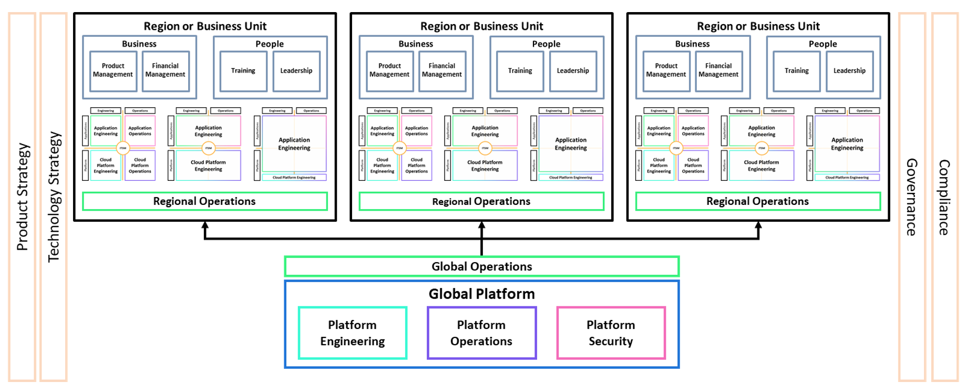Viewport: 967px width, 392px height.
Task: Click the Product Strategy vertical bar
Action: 22,197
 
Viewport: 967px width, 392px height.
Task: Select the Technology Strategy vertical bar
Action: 54,197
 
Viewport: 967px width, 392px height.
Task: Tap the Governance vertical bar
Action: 912,197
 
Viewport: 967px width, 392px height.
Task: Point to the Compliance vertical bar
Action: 944,197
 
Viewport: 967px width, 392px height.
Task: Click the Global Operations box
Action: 481,266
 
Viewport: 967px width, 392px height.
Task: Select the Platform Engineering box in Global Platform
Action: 353,333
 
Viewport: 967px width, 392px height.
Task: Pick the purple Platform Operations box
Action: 481,333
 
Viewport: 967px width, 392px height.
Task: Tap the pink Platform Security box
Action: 611,333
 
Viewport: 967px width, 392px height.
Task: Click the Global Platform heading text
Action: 481,294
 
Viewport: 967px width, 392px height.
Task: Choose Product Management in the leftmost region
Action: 113,70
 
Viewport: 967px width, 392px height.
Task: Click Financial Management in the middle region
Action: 442,70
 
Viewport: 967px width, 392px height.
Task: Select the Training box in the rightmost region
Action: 797,71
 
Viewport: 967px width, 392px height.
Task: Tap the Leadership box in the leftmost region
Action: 296,71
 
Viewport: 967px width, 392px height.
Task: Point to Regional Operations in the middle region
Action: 481,201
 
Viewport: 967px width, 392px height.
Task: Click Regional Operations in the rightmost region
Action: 758,201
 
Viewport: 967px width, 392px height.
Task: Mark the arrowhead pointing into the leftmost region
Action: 205,225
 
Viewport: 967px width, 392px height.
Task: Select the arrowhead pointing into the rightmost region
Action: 758,225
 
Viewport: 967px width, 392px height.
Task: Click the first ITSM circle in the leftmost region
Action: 122,148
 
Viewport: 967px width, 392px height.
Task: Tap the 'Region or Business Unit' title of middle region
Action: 481,26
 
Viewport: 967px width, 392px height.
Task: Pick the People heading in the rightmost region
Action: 822,44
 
